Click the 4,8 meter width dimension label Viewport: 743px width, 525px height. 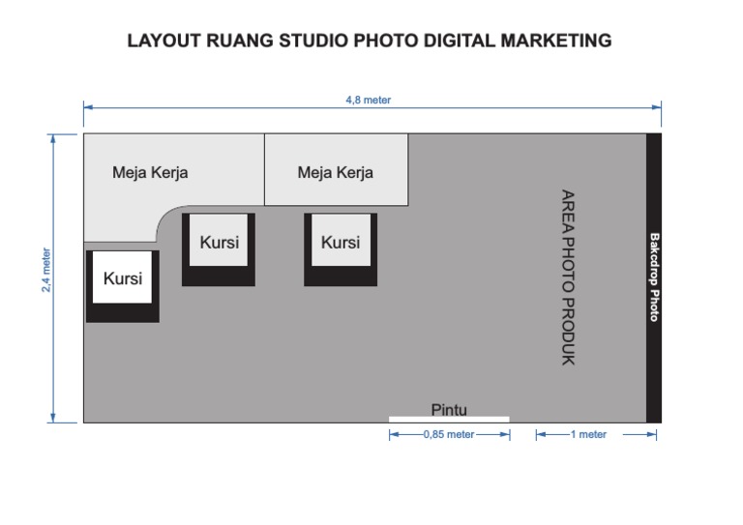click(x=368, y=100)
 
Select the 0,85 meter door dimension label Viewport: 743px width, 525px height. click(x=449, y=435)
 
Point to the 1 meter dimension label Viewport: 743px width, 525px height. click(x=588, y=435)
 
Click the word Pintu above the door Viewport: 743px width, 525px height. click(x=449, y=410)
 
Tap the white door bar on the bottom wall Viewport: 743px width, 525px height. click(x=449, y=419)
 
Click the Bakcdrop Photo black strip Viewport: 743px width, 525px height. click(x=654, y=277)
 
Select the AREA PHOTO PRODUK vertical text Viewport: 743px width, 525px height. click(x=568, y=277)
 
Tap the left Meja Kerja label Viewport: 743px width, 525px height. click(x=150, y=174)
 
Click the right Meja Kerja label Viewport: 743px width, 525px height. click(x=336, y=173)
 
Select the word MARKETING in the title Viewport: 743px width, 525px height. click(x=556, y=41)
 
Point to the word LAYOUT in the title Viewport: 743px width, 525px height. click(x=162, y=41)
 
